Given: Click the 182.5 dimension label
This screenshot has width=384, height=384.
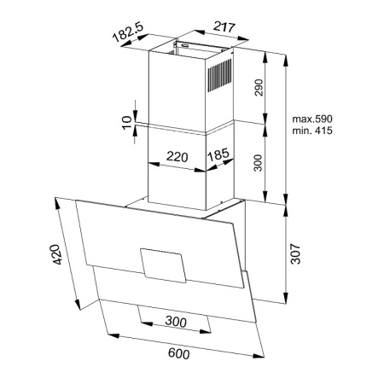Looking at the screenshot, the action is (128, 32).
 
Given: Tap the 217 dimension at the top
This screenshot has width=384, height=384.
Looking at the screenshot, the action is (224, 27).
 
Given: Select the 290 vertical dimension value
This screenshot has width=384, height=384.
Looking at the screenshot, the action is (259, 88).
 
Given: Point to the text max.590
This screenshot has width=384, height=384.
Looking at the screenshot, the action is (312, 119).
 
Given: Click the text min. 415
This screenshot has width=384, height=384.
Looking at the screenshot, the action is (312, 131).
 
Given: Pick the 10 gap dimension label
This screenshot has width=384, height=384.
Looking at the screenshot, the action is (127, 123).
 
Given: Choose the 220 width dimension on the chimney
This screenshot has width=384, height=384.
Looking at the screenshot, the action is (177, 157).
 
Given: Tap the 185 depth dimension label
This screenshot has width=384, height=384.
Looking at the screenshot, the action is (218, 154).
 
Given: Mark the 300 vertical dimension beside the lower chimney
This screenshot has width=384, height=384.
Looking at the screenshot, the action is (258, 163).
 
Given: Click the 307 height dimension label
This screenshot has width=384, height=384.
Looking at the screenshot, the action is (295, 253).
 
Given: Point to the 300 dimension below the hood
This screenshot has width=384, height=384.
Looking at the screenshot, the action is (176, 322).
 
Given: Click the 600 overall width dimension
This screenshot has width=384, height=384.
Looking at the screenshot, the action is (178, 353).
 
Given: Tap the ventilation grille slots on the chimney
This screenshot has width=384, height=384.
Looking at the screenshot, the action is (219, 75).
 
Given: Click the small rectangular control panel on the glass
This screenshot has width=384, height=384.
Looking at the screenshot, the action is (163, 265).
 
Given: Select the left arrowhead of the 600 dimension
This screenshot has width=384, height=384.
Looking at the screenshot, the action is (113, 336).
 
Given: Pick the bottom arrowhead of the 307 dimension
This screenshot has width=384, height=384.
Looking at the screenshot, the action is (285, 298).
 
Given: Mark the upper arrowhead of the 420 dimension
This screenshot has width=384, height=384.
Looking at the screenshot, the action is (57, 203).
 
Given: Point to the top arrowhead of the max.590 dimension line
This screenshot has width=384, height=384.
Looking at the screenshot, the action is (286, 59).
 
